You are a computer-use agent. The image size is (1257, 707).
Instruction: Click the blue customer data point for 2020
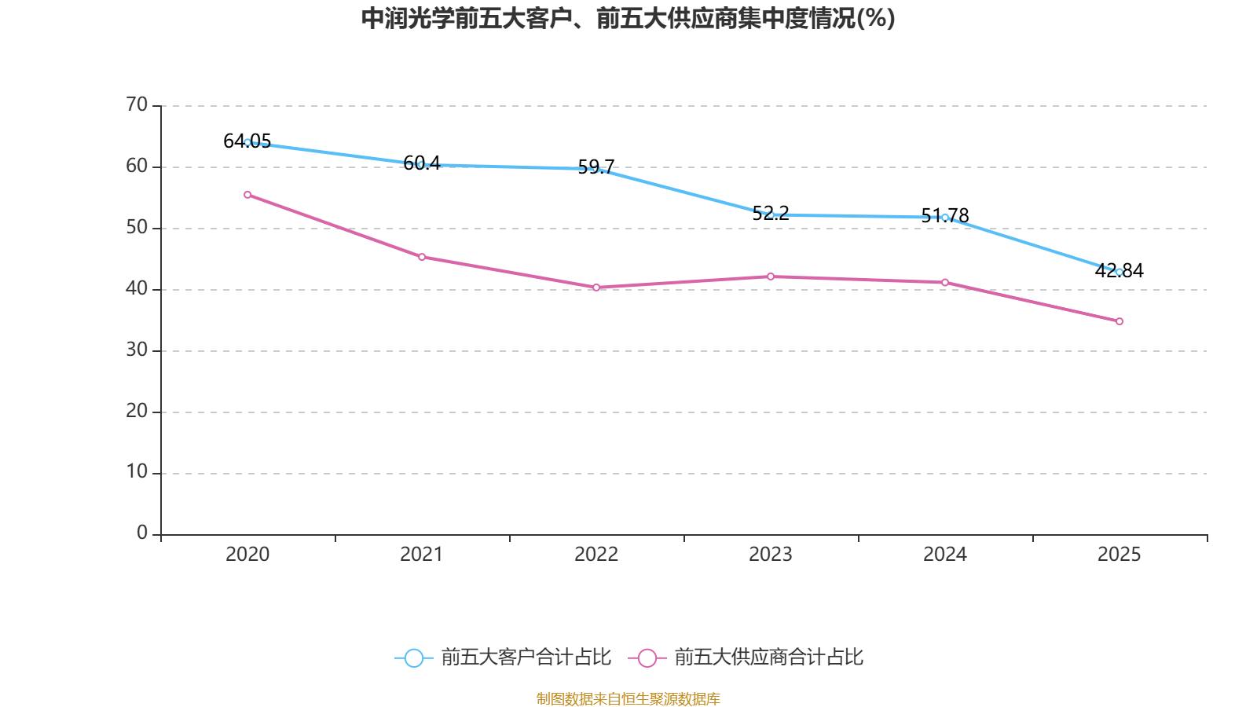tap(247, 142)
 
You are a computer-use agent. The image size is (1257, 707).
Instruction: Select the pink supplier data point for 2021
tap(422, 257)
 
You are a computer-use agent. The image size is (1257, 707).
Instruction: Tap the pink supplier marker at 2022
tap(596, 288)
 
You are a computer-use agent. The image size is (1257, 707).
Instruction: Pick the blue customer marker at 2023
tap(771, 214)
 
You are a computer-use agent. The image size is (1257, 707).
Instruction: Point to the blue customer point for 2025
tap(1120, 272)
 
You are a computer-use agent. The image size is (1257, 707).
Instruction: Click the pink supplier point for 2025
tap(1120, 321)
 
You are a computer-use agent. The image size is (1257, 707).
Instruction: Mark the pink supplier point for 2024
tap(945, 282)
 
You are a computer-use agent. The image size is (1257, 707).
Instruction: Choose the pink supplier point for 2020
tap(247, 195)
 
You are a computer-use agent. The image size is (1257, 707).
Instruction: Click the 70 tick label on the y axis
tap(137, 104)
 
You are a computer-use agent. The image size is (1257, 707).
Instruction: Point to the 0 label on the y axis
tap(142, 533)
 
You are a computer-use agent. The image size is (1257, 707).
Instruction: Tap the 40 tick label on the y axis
tap(137, 288)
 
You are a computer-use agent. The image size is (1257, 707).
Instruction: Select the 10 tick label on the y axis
tap(137, 472)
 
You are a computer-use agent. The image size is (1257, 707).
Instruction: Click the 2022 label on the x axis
tap(596, 555)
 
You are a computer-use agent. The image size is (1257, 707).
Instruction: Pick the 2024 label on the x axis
tap(945, 555)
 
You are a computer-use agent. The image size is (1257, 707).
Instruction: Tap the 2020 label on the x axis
tap(247, 555)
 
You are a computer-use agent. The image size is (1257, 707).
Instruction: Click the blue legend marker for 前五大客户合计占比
tap(413, 658)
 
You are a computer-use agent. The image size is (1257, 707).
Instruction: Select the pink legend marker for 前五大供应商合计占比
tap(647, 658)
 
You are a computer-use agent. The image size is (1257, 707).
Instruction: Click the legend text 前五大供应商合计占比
tap(768, 658)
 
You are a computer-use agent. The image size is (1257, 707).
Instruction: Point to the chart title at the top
tap(628, 18)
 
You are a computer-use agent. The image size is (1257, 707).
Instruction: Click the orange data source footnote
tap(628, 698)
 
